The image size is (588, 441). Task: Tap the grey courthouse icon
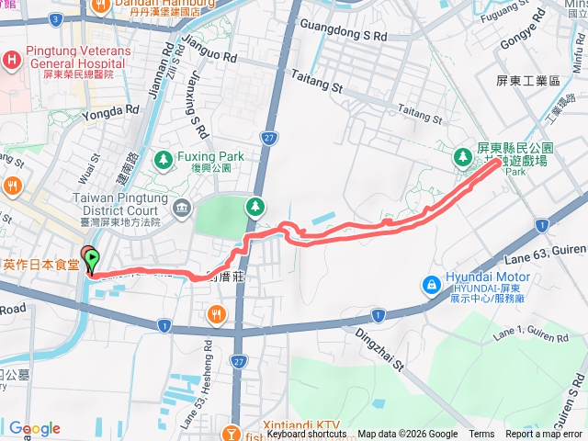click(x=181, y=204)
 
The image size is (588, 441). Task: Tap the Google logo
click(x=34, y=428)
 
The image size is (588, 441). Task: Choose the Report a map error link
click(x=543, y=435)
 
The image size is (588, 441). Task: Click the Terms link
click(x=481, y=435)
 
